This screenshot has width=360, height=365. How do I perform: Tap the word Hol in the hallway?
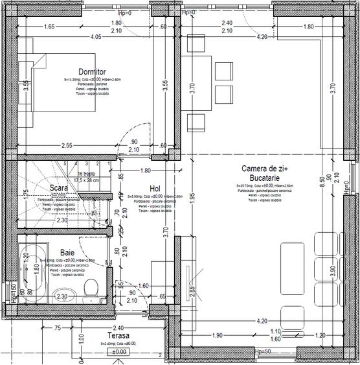[155, 188]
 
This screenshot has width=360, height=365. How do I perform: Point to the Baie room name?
[67, 252]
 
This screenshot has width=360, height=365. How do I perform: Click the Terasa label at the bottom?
[119, 336]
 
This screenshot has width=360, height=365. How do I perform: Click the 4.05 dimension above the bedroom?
[96, 37]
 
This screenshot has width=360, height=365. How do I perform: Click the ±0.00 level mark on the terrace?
[118, 352]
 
